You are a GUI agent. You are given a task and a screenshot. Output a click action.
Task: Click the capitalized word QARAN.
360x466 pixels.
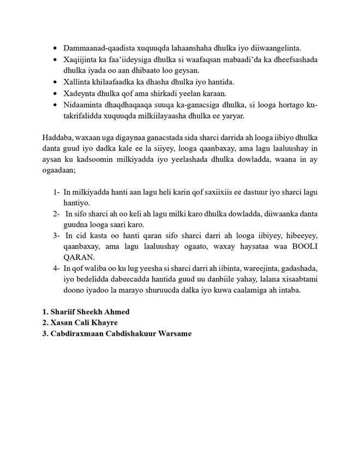point(80,258)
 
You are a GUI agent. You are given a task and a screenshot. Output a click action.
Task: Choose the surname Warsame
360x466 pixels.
point(173,334)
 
